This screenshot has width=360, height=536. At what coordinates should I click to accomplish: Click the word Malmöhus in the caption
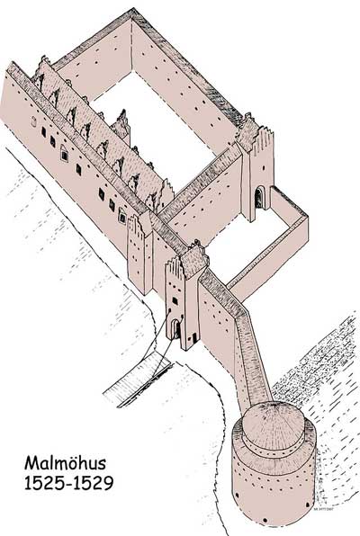pyautogui.click(x=65, y=463)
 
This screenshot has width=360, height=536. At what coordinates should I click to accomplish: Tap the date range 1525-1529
pyautogui.click(x=68, y=483)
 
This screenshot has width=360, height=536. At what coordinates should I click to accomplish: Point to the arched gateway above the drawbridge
pyautogui.click(x=175, y=328)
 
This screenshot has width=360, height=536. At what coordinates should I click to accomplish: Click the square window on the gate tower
pyautogui.click(x=175, y=301)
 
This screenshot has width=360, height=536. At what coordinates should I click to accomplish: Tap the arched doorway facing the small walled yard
pyautogui.click(x=259, y=197)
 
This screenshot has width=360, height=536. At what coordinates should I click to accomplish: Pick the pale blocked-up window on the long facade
pyautogui.click(x=33, y=121)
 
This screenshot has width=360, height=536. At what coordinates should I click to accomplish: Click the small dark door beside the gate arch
pyautogui.click(x=194, y=337)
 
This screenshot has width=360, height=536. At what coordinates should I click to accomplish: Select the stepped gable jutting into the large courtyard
pyautogui.click(x=121, y=125)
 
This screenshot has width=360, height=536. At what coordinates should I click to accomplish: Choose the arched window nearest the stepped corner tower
pyautogui.click(x=122, y=215)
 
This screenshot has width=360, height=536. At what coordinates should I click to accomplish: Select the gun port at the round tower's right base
pyautogui.click(x=307, y=505)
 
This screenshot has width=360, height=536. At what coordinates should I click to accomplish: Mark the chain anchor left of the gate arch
pyautogui.click(x=170, y=310)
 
